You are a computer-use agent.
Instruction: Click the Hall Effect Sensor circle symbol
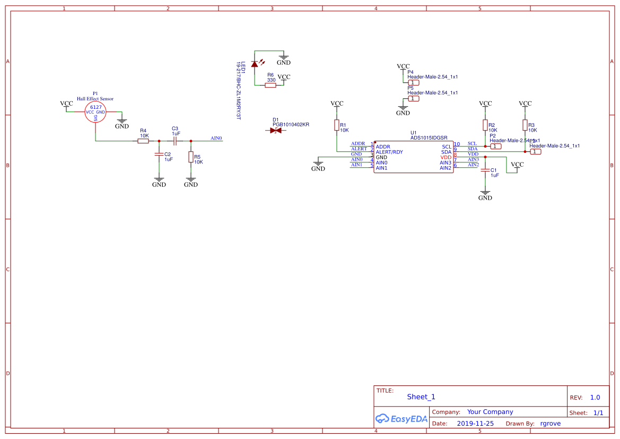[95, 112]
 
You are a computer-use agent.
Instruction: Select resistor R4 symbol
[143, 141]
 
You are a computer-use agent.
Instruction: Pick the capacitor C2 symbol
[159, 154]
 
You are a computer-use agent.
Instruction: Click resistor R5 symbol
[190, 157]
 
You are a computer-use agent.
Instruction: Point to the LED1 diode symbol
[255, 64]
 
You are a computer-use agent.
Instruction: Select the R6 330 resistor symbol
[270, 85]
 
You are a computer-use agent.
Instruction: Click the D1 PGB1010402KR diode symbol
[276, 131]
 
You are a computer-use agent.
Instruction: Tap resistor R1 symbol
[337, 125]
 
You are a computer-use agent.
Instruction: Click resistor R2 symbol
[485, 125]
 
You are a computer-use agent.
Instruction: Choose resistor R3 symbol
[525, 125]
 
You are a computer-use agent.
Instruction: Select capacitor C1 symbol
[485, 170]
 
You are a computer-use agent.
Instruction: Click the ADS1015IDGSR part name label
[429, 137]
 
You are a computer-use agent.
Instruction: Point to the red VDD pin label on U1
[446, 158]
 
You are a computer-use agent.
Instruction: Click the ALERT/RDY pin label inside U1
[389, 152]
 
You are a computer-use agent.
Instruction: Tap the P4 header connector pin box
[414, 83]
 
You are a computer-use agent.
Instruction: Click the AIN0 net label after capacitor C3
[216, 139]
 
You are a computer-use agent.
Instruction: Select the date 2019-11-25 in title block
[475, 424]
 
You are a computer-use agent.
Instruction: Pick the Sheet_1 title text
[421, 397]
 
